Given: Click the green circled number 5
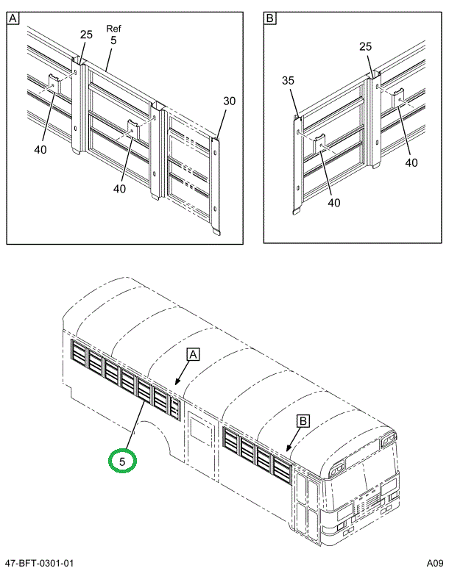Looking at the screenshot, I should point(122,461).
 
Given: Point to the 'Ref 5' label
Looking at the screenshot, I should point(113,35).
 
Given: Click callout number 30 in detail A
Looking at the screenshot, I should point(229,101).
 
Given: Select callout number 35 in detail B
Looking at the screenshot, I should point(289,81).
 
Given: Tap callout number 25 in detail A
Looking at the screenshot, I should point(86,35).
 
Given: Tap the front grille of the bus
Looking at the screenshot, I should point(366,506).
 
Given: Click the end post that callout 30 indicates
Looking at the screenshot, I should point(215,184).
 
